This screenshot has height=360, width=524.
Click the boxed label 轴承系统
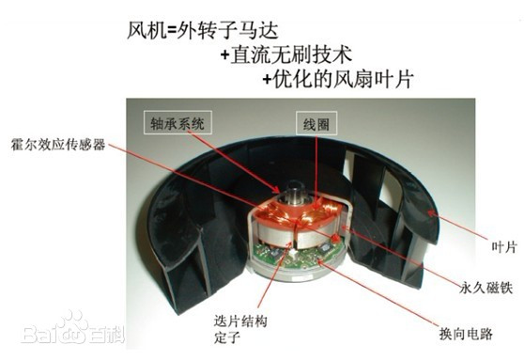(x=177, y=123)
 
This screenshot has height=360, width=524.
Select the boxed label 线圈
(x=316, y=124)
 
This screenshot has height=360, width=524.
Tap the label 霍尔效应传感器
(x=58, y=145)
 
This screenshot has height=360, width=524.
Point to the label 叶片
(x=504, y=247)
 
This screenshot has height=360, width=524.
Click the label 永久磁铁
(x=485, y=287)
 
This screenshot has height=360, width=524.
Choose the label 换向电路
(x=466, y=334)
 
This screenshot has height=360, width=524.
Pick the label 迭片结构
(x=240, y=321)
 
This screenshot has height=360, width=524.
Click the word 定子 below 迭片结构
(x=227, y=337)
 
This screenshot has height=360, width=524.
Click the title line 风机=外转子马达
(x=203, y=31)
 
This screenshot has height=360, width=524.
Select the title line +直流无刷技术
(x=286, y=55)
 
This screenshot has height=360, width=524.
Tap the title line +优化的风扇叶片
(x=338, y=79)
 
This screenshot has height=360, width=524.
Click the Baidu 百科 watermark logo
(x=73, y=329)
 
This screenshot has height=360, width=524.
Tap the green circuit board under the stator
(x=294, y=258)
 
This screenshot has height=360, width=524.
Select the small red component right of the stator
(x=335, y=238)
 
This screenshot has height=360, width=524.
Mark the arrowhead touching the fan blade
(x=433, y=213)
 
